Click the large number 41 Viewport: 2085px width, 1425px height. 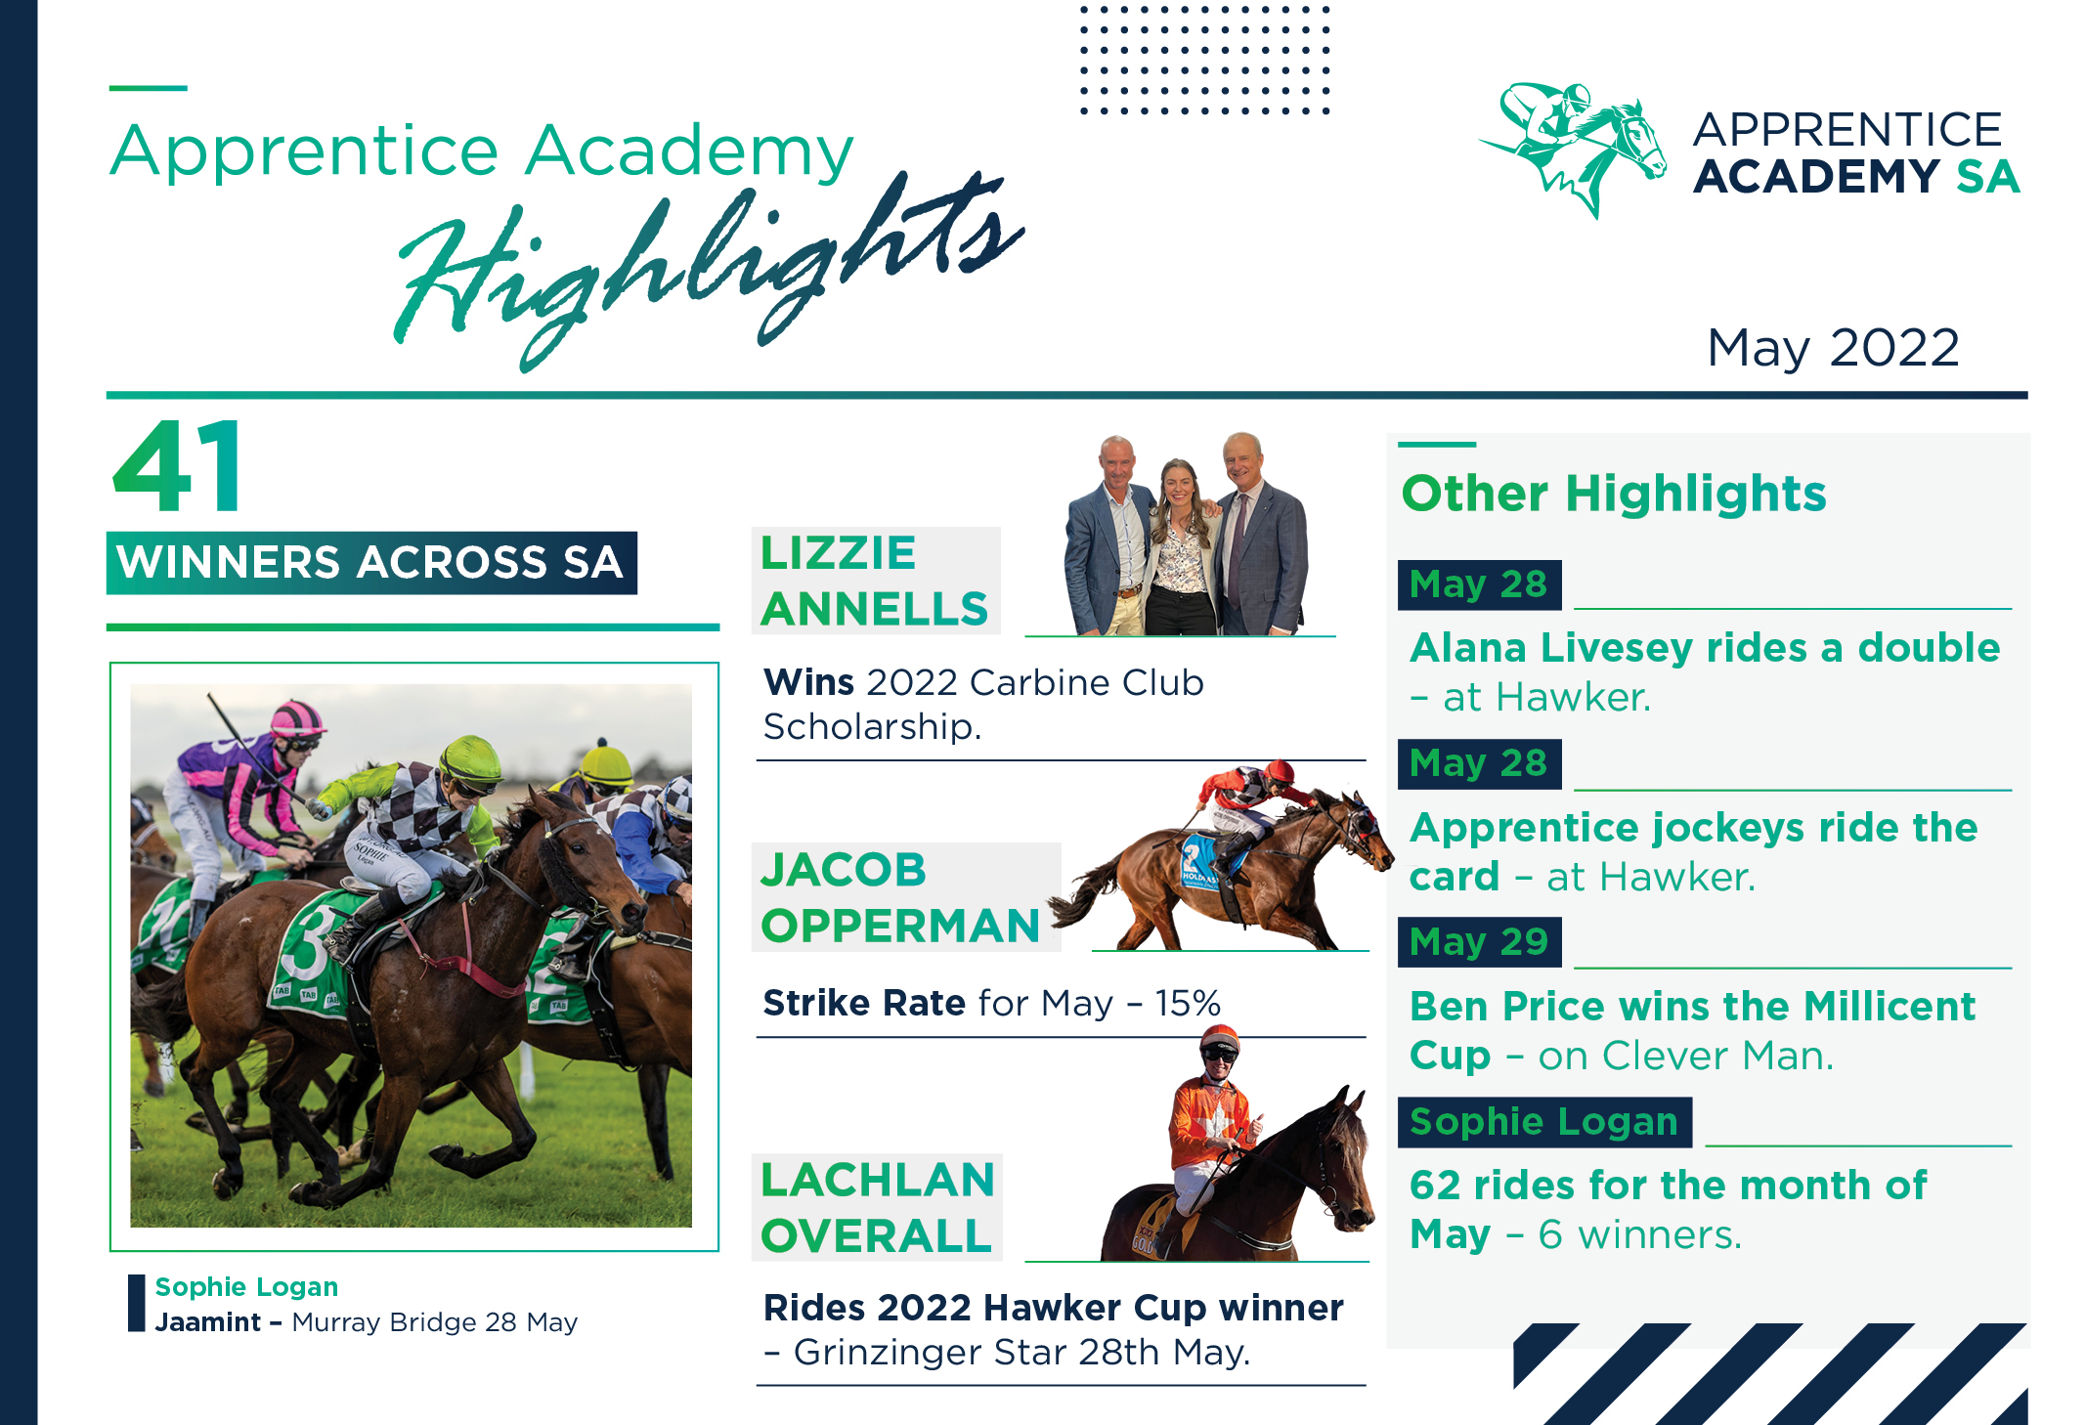point(178,467)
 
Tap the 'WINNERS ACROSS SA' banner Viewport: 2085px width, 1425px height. point(371,563)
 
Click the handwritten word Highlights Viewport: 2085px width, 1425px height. point(709,269)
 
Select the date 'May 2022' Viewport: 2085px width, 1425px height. point(1833,348)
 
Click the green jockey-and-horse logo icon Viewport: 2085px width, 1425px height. point(1573,148)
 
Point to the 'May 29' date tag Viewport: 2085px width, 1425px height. point(1479,942)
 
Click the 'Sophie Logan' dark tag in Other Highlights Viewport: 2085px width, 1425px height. point(1544,1122)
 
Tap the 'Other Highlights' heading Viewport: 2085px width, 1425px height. point(1614,494)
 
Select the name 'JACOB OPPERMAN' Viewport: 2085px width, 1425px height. point(900,897)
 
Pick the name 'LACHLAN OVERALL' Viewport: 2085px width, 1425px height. point(877,1207)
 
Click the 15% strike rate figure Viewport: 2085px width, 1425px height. point(1187,1003)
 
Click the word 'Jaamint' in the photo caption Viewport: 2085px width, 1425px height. point(208,1322)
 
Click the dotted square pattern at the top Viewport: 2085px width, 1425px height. point(1204,60)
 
